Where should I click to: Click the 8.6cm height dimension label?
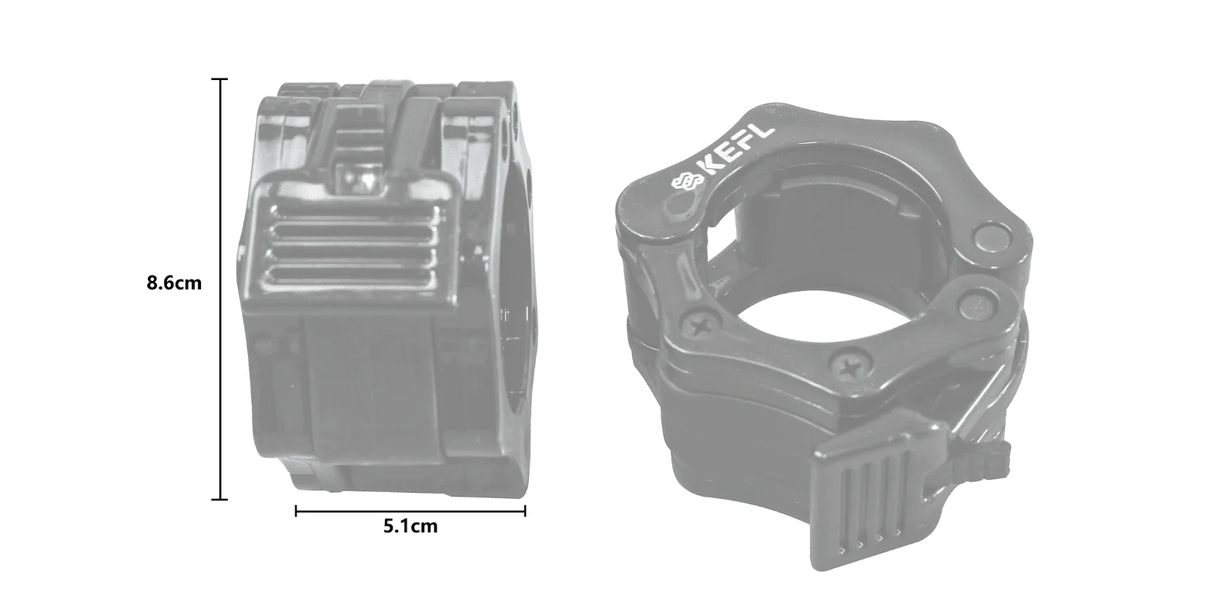point(174,283)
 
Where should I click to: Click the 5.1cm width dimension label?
point(410,527)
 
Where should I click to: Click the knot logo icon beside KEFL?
point(688,182)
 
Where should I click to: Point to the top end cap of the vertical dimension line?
point(219,79)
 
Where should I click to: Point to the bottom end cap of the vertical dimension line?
point(219,500)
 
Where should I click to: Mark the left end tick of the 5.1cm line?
point(296,511)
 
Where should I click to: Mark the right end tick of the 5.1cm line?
point(524,511)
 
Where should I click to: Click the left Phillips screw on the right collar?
point(700,327)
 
